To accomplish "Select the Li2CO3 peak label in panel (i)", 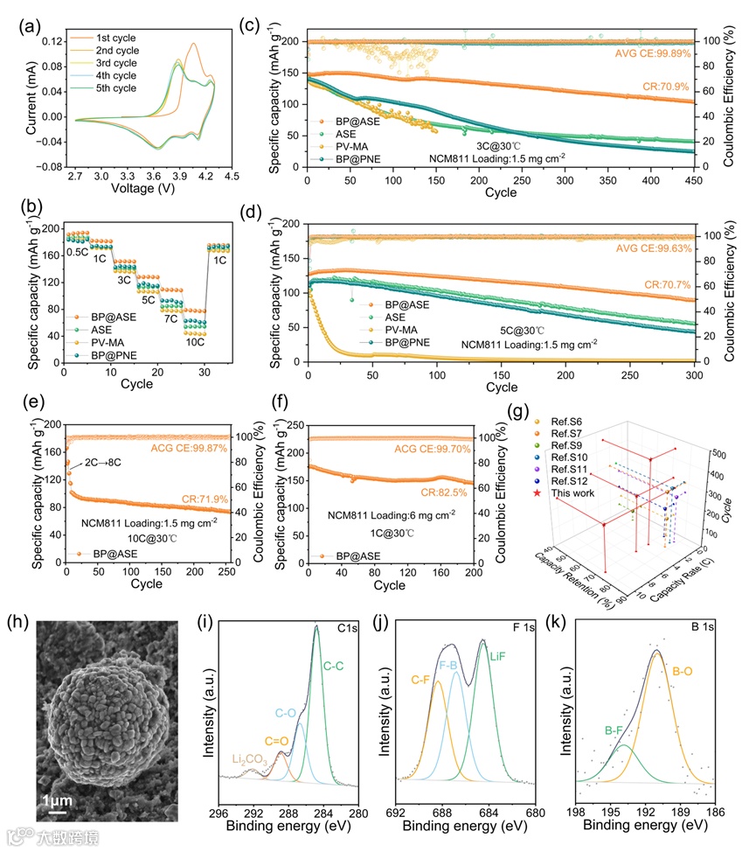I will [252, 758].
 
